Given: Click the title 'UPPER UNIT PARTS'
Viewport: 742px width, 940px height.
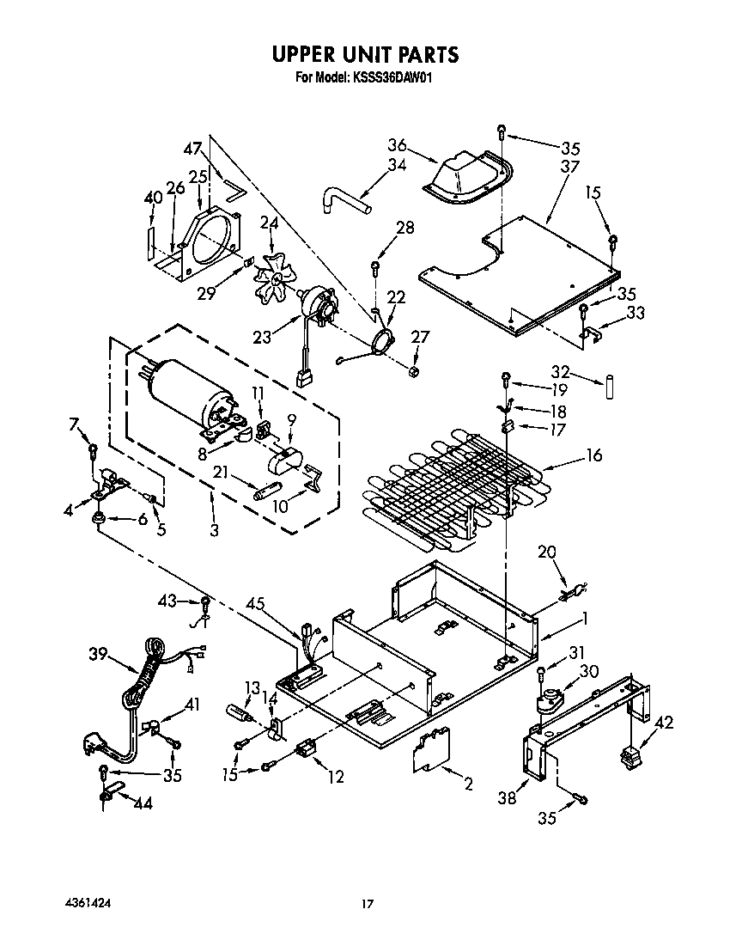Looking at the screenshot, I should point(366,55).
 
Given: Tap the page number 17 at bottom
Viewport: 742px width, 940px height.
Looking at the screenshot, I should point(368,903).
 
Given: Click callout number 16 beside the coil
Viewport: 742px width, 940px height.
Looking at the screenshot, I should point(593,455).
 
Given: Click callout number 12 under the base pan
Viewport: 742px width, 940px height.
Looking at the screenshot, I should point(335,777).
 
